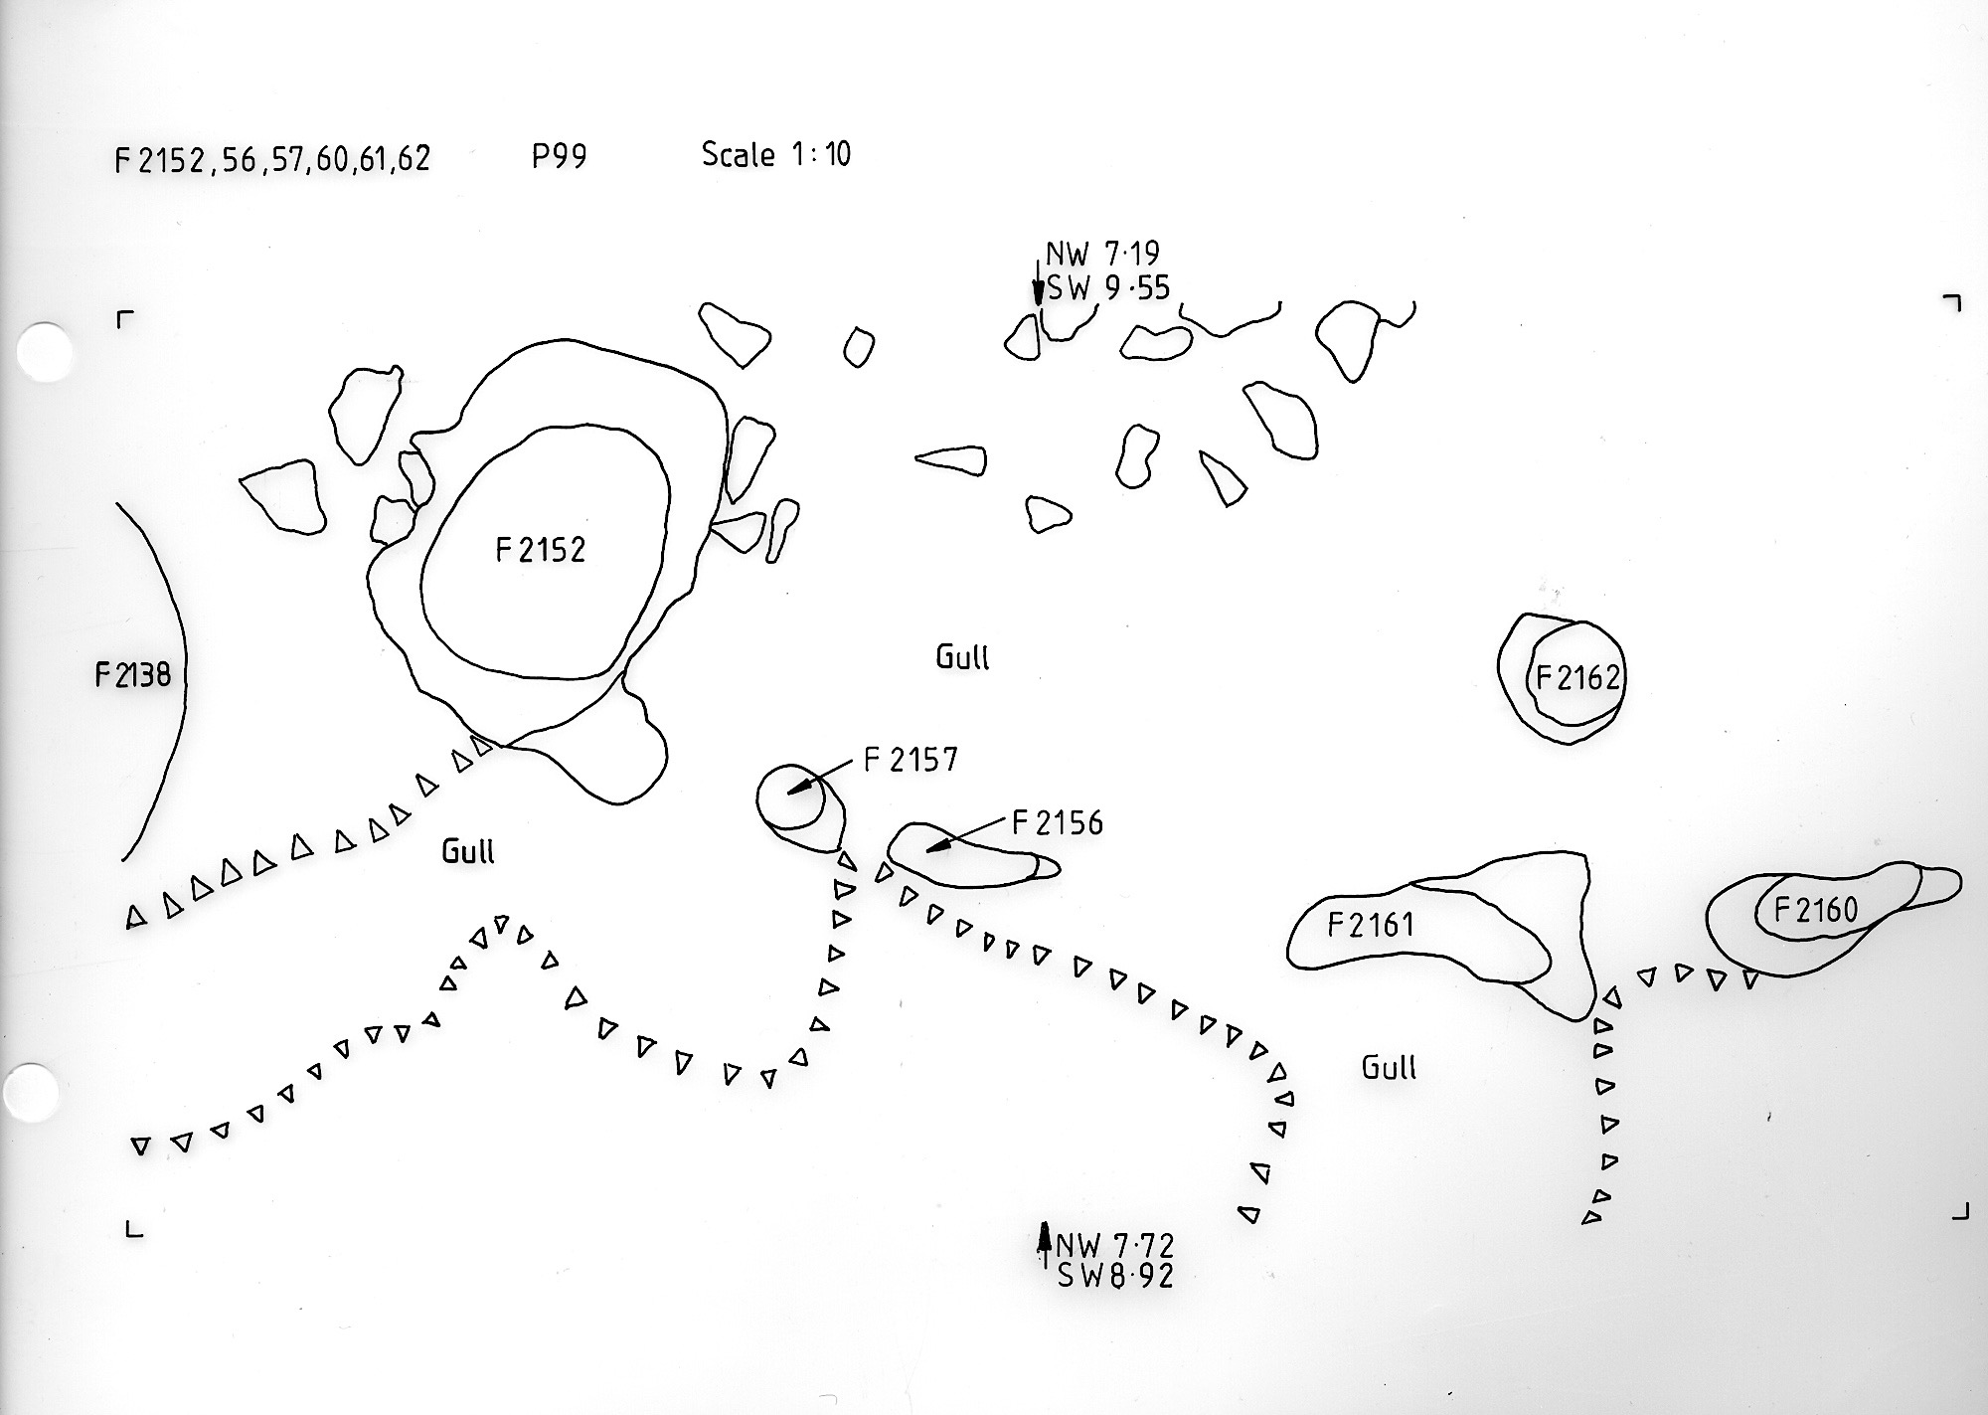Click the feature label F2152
pyautogui.click(x=541, y=550)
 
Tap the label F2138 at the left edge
pyautogui.click(x=133, y=676)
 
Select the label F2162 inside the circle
pyautogui.click(x=1577, y=678)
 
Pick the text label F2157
pyautogui.click(x=911, y=761)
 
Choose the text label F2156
pyautogui.click(x=1058, y=823)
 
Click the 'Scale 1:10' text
pyautogui.click(x=776, y=155)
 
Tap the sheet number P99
pyautogui.click(x=559, y=157)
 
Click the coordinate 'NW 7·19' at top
pyautogui.click(x=1102, y=255)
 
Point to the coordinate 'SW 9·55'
pyautogui.click(x=1108, y=288)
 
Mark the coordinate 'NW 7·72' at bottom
pyautogui.click(x=1115, y=1245)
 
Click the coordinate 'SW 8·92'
pyautogui.click(x=1115, y=1276)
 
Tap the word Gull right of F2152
pyautogui.click(x=962, y=657)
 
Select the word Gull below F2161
pyautogui.click(x=1388, y=1068)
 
